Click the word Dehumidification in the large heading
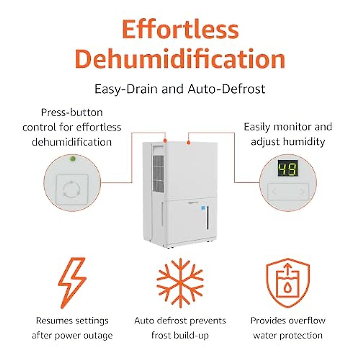(x=180, y=59)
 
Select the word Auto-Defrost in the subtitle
(x=226, y=89)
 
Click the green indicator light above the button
(x=72, y=158)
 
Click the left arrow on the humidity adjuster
(x=274, y=192)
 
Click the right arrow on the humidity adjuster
(x=302, y=192)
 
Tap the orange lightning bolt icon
(x=72, y=282)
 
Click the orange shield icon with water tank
(x=288, y=282)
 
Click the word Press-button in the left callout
(x=72, y=112)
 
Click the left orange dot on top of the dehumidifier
(x=165, y=140)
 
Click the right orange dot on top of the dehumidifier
(x=188, y=142)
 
